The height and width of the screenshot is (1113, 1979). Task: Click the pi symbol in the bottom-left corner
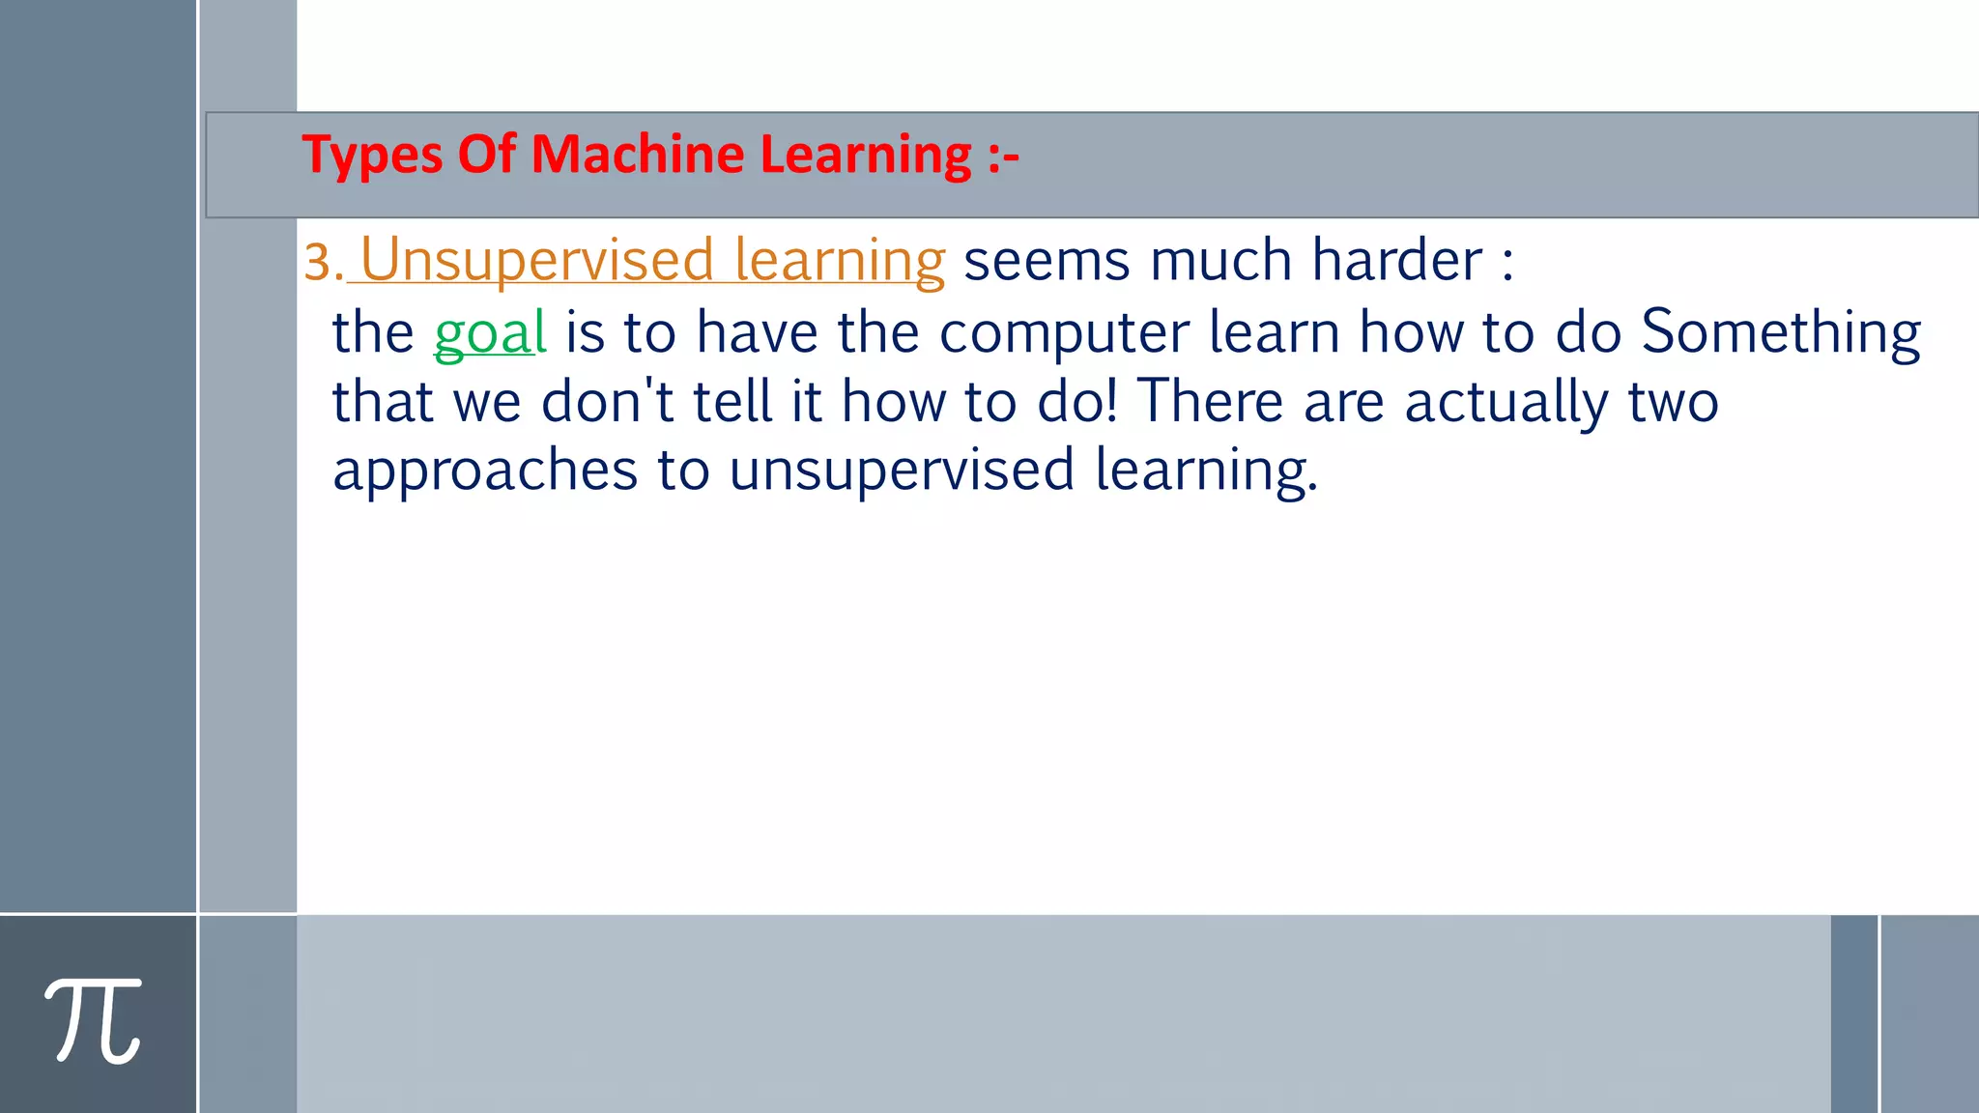pos(94,1020)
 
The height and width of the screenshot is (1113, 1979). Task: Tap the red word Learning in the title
pos(866,156)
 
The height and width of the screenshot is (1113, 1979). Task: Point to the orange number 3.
pos(320,263)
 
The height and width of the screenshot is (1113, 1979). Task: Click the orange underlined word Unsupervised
pos(537,261)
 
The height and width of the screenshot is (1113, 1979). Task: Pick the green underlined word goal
pos(490,332)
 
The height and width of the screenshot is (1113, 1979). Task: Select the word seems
pos(1047,261)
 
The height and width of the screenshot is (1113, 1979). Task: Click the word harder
pos(1396,261)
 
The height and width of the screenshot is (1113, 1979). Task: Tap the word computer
pos(1064,332)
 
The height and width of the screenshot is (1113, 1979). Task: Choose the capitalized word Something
pos(1781,332)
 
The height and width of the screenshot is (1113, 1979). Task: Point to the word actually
pos(1506,403)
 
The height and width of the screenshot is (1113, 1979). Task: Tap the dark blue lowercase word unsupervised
pos(902,471)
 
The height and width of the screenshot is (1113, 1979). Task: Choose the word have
pos(757,332)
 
